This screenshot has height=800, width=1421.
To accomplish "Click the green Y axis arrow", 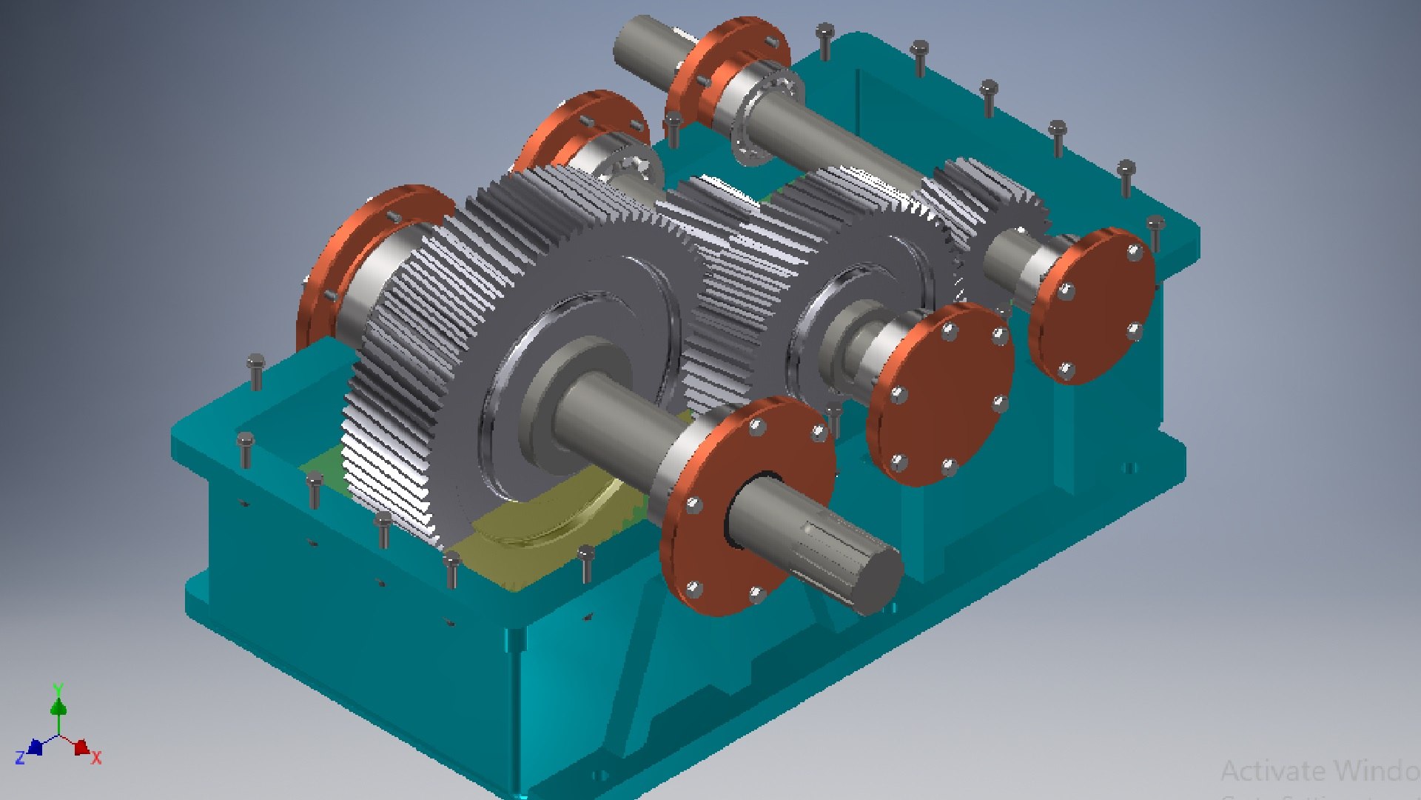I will click(x=58, y=704).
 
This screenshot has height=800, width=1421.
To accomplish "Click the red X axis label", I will click(x=96, y=757).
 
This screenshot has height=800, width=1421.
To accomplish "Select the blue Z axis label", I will click(x=20, y=757).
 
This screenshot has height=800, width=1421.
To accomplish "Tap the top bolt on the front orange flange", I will click(x=756, y=427).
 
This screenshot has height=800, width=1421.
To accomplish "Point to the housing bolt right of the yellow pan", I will click(x=586, y=563).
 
